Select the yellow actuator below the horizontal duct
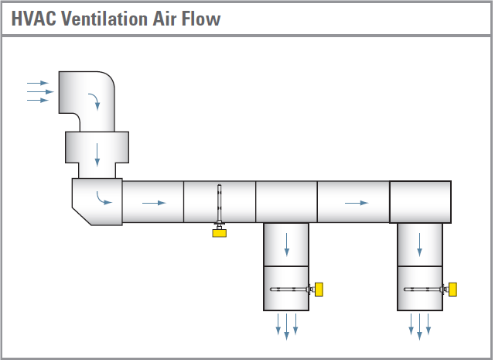[220, 230]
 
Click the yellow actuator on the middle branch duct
[318, 289]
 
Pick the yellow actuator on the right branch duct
[452, 289]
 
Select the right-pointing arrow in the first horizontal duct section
[153, 203]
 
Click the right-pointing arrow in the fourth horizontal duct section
[356, 203]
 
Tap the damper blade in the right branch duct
[422, 289]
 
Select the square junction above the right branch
[420, 202]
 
